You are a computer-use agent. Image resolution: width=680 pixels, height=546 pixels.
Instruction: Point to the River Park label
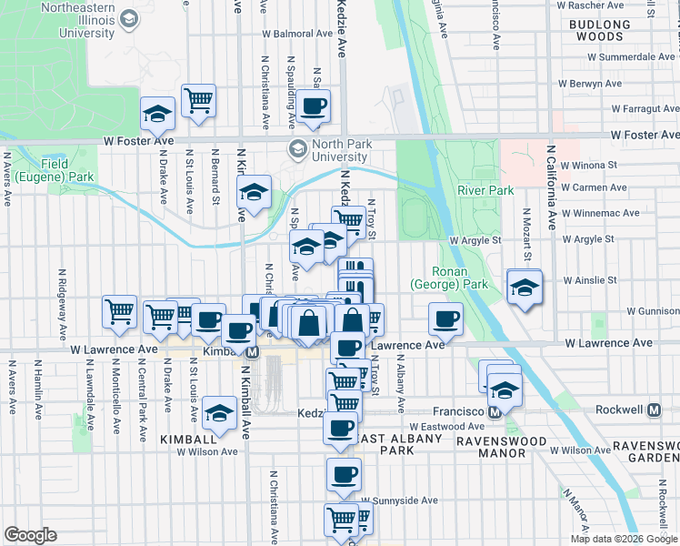click(485, 190)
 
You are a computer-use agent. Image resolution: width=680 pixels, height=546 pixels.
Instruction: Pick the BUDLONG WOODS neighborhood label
click(612, 32)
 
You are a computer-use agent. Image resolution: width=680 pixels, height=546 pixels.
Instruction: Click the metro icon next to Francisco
click(495, 410)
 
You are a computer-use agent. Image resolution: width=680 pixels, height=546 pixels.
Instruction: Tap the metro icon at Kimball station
click(253, 351)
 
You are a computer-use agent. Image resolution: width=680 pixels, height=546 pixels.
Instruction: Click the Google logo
click(30, 535)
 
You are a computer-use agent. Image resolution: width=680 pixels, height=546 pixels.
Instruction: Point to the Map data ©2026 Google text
click(623, 539)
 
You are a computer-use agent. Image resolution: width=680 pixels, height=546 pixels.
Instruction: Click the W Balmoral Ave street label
click(297, 34)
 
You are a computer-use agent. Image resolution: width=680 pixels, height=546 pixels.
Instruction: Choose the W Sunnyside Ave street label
click(399, 500)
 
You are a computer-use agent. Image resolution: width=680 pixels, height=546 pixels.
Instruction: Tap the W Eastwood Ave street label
click(445, 425)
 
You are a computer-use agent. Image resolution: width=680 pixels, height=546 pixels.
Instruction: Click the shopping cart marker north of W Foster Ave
click(198, 101)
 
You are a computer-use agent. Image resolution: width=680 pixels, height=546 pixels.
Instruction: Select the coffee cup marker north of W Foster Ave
click(313, 106)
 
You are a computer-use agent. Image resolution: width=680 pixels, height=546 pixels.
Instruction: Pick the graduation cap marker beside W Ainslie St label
click(525, 288)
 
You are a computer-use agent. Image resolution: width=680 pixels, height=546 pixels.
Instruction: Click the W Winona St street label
click(588, 166)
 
